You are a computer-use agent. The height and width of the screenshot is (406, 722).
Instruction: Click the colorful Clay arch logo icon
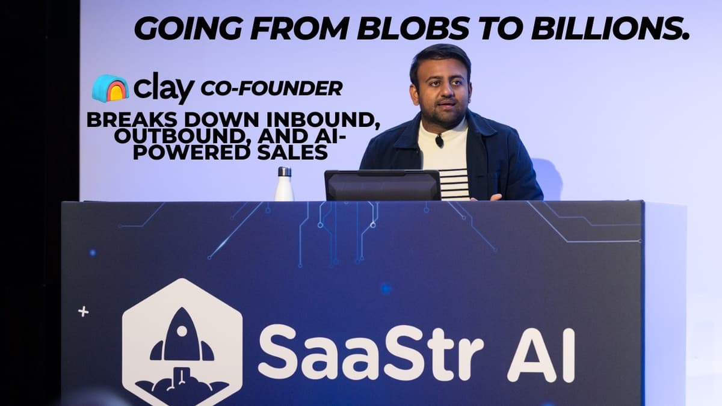point(110,88)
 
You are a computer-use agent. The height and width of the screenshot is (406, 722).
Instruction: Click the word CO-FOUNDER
point(271,89)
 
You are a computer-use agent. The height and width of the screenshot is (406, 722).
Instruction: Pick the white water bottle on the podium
point(284,186)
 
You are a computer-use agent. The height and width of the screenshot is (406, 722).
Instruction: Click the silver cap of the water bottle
point(284,171)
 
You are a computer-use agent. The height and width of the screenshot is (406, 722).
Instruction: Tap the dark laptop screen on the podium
point(383,185)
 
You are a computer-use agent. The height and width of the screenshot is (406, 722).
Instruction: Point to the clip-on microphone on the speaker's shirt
point(439,141)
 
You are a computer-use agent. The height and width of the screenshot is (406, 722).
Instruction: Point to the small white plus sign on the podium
point(84,312)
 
